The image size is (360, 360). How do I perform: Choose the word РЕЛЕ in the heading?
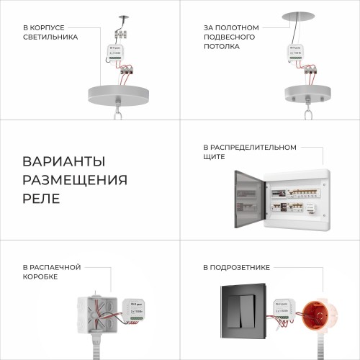42,197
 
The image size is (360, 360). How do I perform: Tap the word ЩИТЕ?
215,156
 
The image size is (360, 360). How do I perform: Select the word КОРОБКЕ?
41,276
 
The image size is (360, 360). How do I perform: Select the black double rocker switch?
244,310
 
